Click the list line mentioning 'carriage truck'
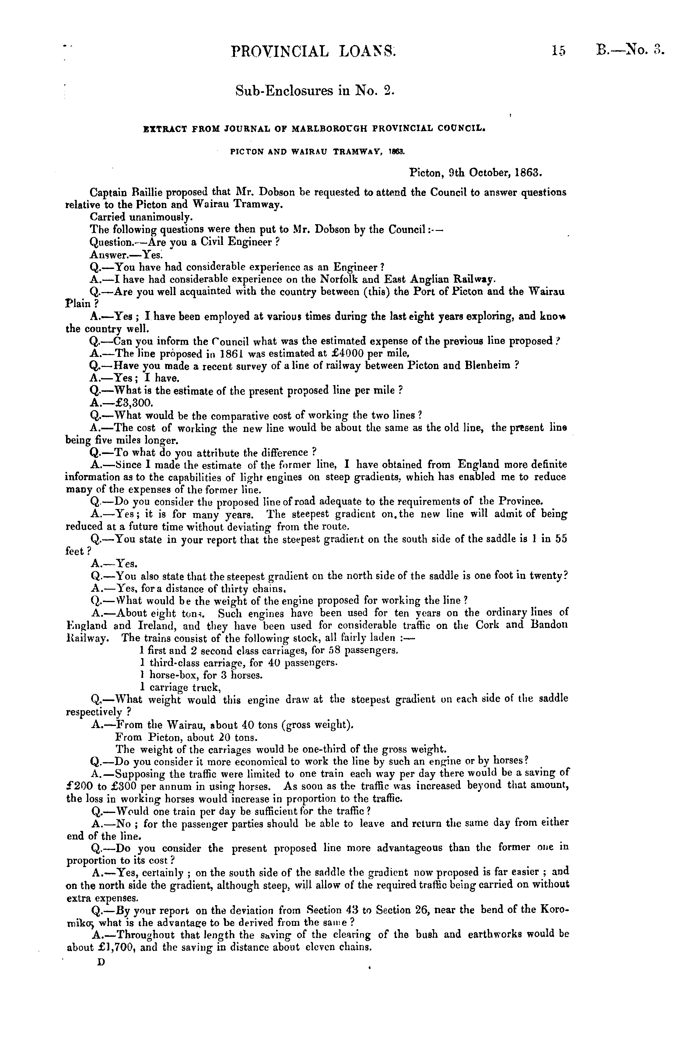coord(180,688)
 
